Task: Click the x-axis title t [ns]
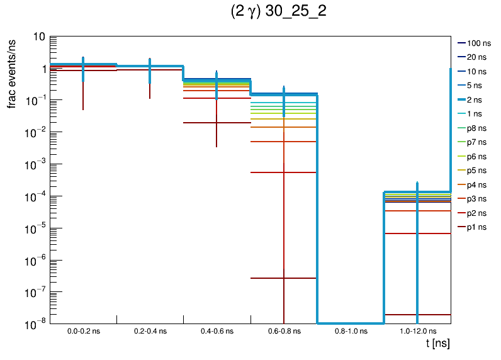(x=437, y=343)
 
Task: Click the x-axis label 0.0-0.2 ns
(x=83, y=330)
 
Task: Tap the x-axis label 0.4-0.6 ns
(x=217, y=330)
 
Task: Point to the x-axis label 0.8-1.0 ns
(x=350, y=330)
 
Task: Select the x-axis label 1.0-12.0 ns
(x=417, y=330)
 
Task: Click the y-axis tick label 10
(x=38, y=37)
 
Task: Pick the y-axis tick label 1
(x=42, y=69)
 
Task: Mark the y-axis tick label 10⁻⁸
(x=34, y=323)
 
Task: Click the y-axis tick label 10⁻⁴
(x=34, y=196)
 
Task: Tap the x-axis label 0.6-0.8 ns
(x=283, y=330)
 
